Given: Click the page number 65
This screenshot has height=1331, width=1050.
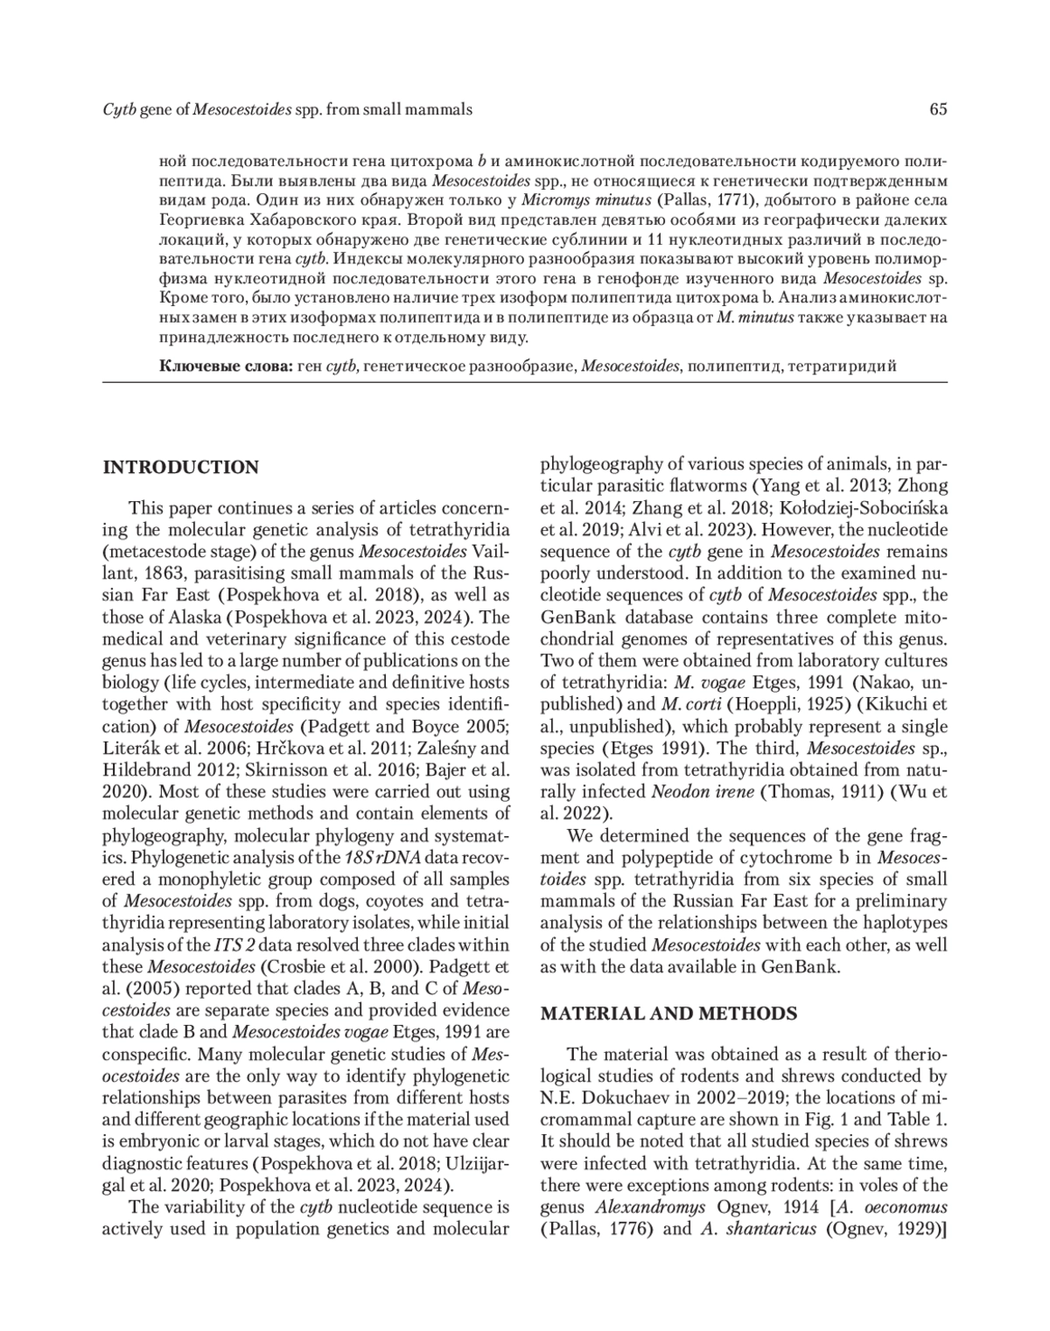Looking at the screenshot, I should tap(938, 109).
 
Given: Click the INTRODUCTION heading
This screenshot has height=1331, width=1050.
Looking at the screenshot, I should tap(181, 467).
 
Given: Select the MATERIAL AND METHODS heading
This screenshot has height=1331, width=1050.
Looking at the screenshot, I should tap(668, 1014).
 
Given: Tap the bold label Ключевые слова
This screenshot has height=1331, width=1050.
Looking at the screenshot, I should tap(225, 366).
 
